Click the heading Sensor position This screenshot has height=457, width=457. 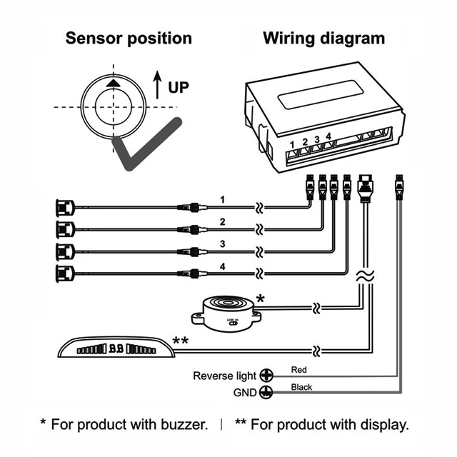coord(129,38)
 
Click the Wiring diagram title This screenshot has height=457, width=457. coord(323,38)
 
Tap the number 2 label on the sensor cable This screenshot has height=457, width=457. coord(223,221)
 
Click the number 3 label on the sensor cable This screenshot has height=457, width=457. coord(223,243)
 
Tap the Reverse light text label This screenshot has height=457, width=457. coord(224,376)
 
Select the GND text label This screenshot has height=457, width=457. coord(244,393)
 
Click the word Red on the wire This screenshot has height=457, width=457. coord(299,370)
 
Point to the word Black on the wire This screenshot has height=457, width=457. coord(301,387)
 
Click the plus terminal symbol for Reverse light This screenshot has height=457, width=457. coord(267,375)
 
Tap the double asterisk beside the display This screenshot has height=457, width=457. coord(181,341)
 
